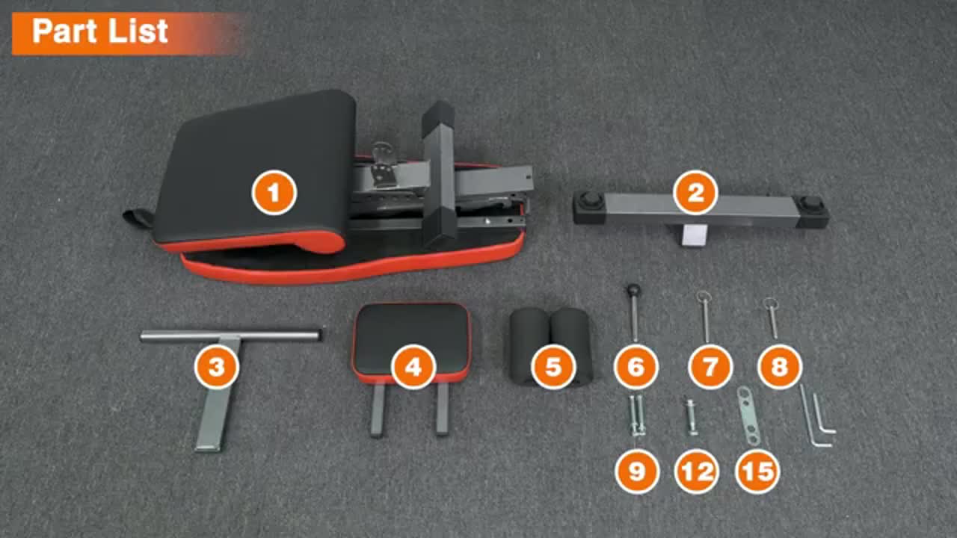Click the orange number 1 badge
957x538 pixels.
[274, 193]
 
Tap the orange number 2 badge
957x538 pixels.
[695, 193]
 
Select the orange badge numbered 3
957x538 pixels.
[217, 367]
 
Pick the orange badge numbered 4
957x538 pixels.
[413, 367]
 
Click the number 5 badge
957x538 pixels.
[553, 367]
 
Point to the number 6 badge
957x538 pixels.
[636, 367]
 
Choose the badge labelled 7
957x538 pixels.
[710, 367]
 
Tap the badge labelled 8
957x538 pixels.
[780, 367]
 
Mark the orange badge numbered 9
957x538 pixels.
[636, 471]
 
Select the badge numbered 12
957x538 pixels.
[697, 471]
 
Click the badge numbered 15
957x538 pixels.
[757, 471]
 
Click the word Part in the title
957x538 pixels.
[64, 31]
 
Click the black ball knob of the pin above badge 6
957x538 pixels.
[633, 290]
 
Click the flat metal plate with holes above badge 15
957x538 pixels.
[748, 415]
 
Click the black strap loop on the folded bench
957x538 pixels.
[138, 218]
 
